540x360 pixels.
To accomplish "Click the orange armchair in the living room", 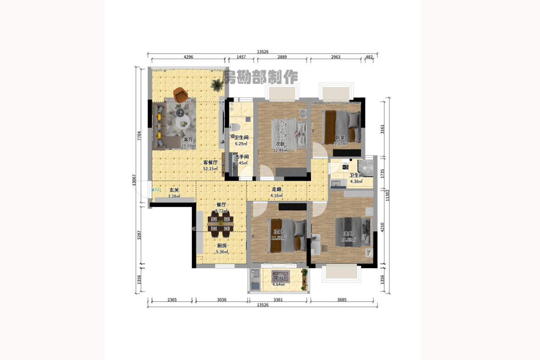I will coord(181,94).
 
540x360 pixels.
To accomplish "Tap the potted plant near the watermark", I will coord(216,84).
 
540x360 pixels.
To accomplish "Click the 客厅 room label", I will coord(188,139).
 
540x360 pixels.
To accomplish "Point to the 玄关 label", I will coord(174,190).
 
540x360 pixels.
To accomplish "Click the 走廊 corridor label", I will coord(277,190).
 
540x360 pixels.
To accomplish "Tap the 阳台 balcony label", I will coord(278,278).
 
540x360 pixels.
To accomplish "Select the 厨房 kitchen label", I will coord(222,246).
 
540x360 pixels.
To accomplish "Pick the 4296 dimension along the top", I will coord(188,57).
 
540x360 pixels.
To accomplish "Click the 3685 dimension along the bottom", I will coord(342,300).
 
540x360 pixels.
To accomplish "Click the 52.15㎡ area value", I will coord(211,169).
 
